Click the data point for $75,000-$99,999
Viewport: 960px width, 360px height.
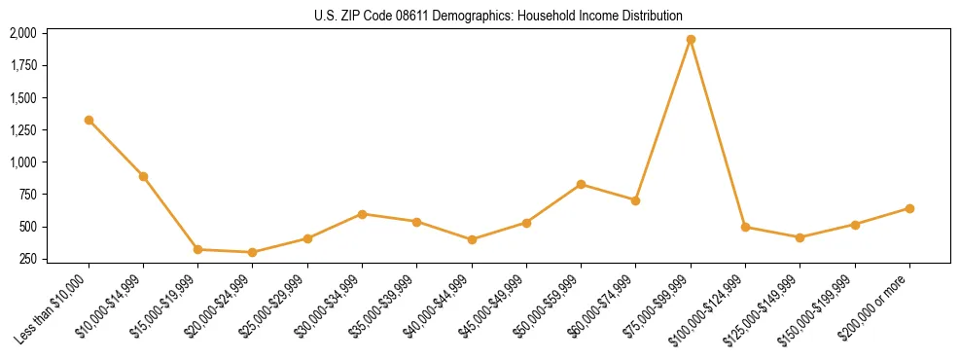coord(691,40)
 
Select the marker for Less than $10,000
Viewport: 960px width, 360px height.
coord(89,120)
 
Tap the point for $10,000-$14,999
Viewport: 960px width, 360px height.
coord(143,176)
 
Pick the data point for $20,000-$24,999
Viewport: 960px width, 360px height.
coord(253,252)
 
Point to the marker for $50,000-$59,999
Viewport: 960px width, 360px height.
coord(581,184)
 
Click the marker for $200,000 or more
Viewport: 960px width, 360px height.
coord(909,208)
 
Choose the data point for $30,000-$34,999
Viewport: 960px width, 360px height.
coord(362,214)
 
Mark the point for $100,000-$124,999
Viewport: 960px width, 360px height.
coord(745,227)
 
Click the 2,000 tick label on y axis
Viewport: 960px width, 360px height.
coord(23,33)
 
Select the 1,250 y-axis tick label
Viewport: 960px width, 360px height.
coord(23,130)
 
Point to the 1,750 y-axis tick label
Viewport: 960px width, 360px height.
coord(23,65)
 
